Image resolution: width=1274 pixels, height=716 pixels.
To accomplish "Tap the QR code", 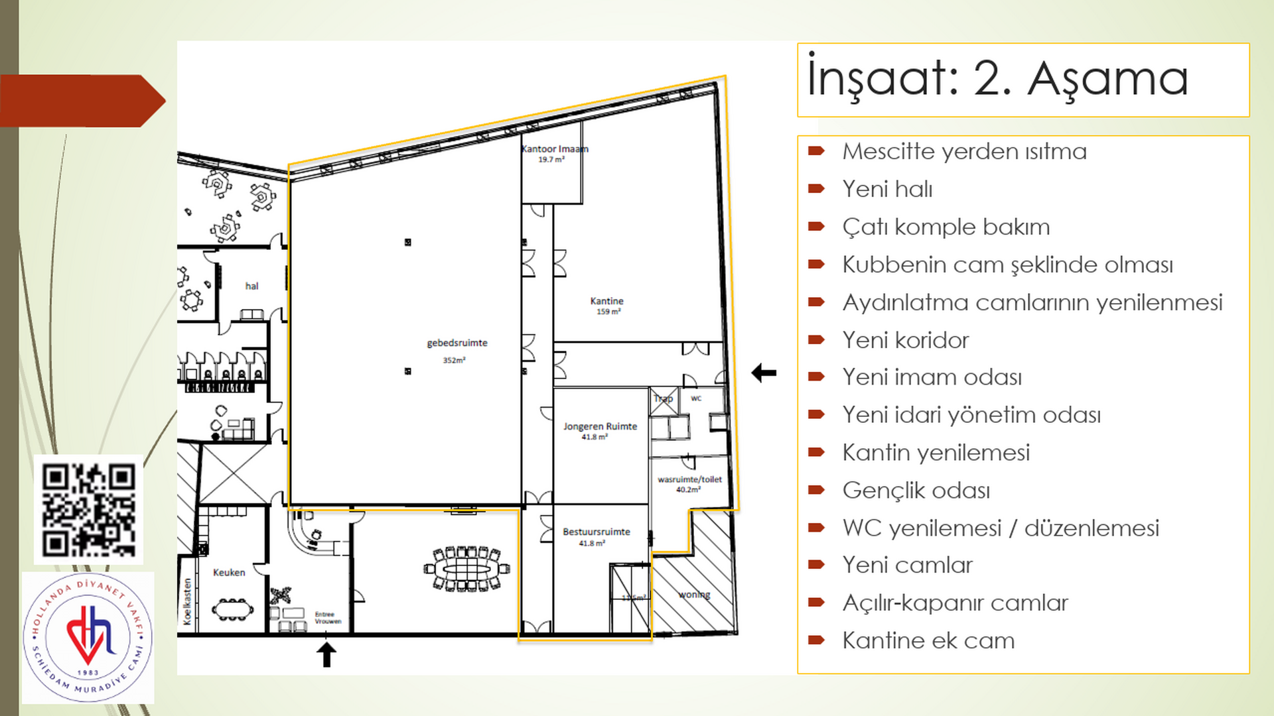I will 89,509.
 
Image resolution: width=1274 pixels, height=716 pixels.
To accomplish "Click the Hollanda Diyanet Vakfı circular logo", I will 88,638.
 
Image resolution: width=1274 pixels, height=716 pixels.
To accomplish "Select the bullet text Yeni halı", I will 887,189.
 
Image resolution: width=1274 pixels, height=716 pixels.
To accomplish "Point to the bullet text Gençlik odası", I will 916,491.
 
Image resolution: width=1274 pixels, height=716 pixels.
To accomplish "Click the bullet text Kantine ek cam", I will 928,640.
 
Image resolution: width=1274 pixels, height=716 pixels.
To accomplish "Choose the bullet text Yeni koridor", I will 905,340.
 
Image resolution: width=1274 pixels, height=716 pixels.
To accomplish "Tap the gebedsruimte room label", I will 457,343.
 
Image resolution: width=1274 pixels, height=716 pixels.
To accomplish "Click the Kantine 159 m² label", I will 606,306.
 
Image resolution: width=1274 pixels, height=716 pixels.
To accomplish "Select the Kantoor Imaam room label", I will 554,150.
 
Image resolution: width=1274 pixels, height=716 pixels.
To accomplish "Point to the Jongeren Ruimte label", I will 600,427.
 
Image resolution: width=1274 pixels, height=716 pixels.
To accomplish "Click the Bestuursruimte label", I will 596,532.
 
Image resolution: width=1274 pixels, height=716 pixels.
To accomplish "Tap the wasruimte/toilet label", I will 689,480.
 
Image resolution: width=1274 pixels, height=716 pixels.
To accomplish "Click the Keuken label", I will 229,572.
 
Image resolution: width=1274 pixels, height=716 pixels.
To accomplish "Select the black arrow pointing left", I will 764,373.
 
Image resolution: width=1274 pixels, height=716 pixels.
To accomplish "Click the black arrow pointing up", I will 326,654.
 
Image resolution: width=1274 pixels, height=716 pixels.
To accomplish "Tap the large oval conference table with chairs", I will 466,569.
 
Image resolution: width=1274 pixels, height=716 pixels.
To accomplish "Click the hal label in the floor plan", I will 251,286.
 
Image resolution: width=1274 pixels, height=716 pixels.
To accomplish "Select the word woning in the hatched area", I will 694,595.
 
